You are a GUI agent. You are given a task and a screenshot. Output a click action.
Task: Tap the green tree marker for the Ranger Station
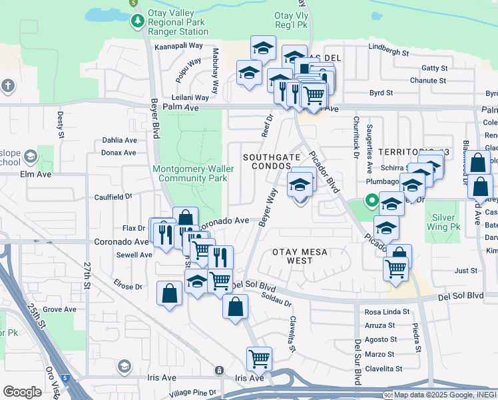[x=137, y=21]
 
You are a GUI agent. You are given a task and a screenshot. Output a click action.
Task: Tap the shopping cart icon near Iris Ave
[x=259, y=358]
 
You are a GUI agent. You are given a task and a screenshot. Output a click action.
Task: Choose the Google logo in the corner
[x=22, y=391]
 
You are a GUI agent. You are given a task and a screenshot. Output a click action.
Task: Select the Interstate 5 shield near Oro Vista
[x=65, y=378]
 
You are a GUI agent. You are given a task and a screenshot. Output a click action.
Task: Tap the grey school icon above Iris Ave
[x=124, y=366]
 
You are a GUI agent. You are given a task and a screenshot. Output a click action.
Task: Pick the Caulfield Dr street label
[x=114, y=197]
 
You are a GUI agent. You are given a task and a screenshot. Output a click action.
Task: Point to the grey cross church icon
[x=8, y=86]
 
